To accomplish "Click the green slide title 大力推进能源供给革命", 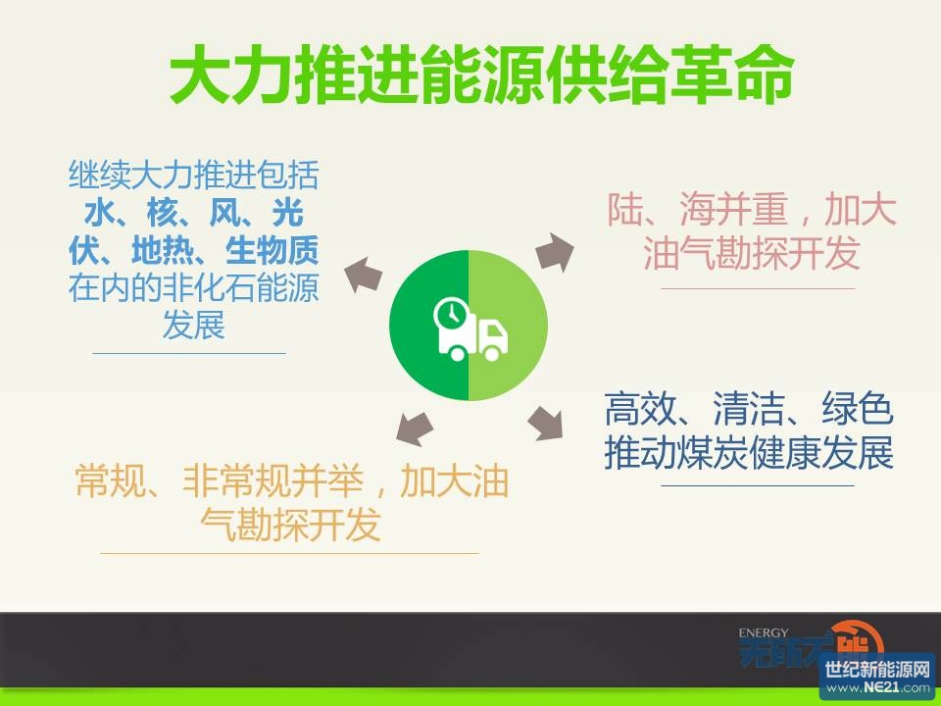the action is click(x=482, y=76).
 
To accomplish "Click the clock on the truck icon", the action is click(x=451, y=313).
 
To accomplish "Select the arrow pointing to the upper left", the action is click(x=363, y=275).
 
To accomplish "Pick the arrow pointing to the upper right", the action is click(x=555, y=252).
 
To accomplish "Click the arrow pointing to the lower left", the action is click(x=415, y=429).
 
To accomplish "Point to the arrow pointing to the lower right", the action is click(x=546, y=423).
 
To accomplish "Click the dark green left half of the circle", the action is click(x=429, y=325).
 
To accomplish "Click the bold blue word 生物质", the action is click(x=272, y=250).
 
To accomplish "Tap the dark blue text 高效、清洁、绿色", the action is click(x=749, y=409).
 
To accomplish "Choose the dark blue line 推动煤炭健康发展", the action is click(x=749, y=453).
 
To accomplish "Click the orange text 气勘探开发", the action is click(x=291, y=524).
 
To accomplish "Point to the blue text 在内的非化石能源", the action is click(x=193, y=288).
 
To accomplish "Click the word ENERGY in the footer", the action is click(x=764, y=632).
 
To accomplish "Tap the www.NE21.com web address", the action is click(x=877, y=687).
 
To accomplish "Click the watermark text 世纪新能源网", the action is click(x=877, y=669).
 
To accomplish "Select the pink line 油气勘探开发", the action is click(x=752, y=253).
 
